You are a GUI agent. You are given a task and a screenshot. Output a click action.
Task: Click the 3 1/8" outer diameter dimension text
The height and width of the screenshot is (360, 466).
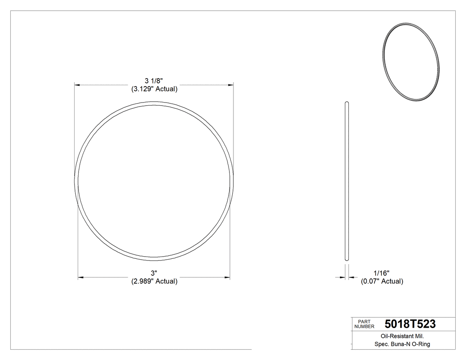point(154,81)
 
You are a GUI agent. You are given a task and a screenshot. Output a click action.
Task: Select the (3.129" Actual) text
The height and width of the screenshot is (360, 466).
point(154,89)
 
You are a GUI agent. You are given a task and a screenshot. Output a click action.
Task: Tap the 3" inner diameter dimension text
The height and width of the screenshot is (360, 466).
point(154,273)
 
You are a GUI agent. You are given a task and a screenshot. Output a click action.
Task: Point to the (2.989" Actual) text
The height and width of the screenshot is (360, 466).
point(154,281)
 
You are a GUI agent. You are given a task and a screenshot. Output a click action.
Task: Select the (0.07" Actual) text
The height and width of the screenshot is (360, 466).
point(382,281)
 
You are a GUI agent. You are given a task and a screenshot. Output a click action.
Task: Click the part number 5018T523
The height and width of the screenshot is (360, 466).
point(410,324)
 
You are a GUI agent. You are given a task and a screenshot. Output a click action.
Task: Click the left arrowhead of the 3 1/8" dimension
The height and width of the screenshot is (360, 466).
point(77,84)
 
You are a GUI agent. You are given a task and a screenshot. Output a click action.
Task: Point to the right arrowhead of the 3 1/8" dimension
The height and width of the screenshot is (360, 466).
point(231,84)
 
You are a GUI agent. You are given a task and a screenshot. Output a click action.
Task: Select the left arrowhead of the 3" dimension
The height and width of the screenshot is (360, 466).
point(81,278)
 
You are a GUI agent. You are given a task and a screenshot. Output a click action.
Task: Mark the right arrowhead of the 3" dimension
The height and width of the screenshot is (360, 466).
point(227,278)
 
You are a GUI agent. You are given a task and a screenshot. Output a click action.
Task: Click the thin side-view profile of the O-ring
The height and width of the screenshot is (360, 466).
point(347,182)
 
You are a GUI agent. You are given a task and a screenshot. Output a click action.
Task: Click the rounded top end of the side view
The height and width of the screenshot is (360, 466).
point(347,103)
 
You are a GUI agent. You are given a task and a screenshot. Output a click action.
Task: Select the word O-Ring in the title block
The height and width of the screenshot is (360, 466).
point(420,344)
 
